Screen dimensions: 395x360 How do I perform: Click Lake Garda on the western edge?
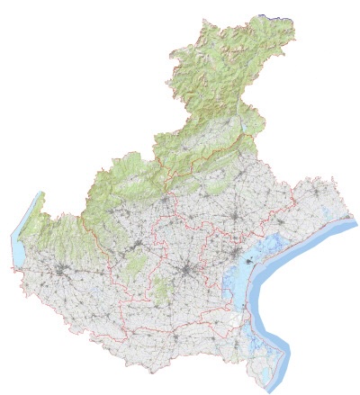tap(22, 237)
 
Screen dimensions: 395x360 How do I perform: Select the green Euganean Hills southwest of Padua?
tap(161, 291)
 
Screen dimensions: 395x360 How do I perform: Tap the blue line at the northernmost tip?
tap(276, 15)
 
